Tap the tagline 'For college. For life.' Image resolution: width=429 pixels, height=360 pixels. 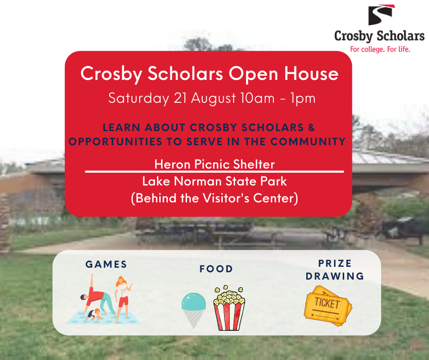click(380, 49)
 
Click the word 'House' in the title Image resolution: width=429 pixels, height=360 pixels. click(311, 74)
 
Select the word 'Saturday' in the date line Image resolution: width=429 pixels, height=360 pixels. click(139, 99)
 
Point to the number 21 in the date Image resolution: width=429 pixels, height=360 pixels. click(180, 98)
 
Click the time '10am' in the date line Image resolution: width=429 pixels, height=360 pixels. click(257, 98)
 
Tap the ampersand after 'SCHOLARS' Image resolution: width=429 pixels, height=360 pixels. click(311, 127)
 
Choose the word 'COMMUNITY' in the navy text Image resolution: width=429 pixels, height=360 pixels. click(308, 142)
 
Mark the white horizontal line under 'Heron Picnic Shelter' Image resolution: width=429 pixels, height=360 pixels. click(214, 172)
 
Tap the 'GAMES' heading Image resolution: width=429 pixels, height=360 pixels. click(106, 265)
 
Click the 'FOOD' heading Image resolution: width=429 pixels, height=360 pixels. click(216, 269)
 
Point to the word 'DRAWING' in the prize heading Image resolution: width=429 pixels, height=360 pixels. click(335, 276)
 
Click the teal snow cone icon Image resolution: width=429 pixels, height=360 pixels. click(194, 310)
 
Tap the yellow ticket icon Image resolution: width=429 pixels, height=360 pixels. click(328, 306)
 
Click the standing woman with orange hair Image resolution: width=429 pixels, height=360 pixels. click(123, 299)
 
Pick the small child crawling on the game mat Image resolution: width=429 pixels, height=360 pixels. click(94, 315)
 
